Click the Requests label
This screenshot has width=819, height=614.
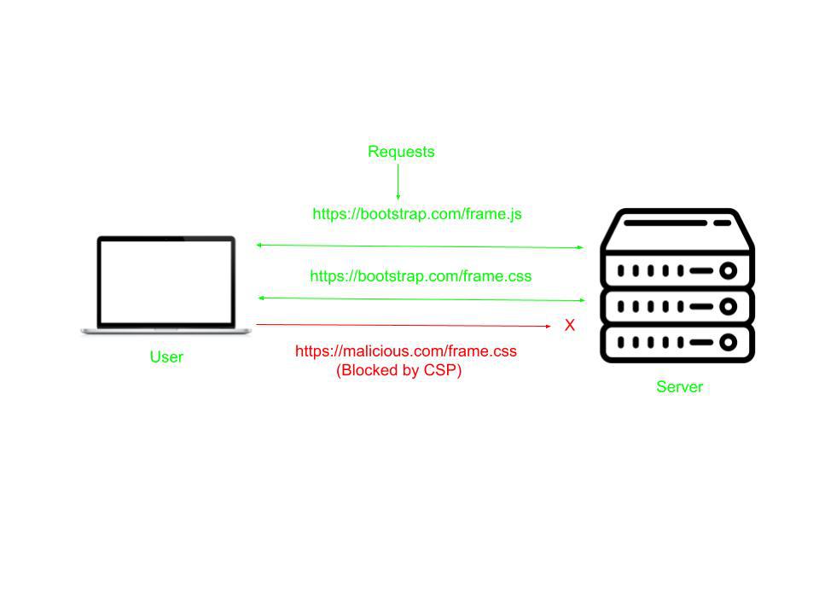[401, 152]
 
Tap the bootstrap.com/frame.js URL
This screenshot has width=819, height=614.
[417, 214]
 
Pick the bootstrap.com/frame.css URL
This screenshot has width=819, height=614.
[421, 275]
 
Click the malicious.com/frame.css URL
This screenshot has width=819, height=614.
[406, 350]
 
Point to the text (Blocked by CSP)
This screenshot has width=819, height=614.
[399, 370]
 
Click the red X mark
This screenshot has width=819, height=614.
[570, 325]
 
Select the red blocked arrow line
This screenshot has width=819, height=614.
[401, 325]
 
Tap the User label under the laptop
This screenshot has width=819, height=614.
[166, 356]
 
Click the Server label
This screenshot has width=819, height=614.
[679, 386]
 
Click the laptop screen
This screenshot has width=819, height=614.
[166, 281]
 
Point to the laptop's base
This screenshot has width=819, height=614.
[166, 330]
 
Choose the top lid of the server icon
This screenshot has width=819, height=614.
[677, 226]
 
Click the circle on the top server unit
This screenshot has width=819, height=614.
[728, 271]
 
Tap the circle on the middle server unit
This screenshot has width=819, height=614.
[728, 305]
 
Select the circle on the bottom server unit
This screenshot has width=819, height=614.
[728, 342]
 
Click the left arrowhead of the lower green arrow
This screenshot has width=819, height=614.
[261, 298]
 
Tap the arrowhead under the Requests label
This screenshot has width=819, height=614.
[398, 197]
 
